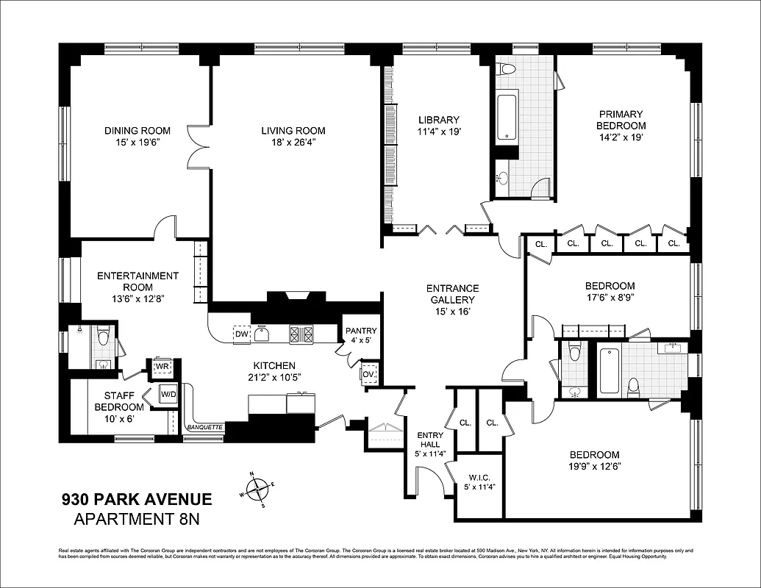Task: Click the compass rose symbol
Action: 257,489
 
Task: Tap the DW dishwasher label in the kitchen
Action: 241,334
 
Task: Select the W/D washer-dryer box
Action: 168,395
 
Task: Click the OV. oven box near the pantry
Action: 368,373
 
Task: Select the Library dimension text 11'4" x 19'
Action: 438,133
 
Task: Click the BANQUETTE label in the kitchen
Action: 205,427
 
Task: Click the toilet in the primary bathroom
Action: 506,71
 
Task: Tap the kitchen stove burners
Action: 301,334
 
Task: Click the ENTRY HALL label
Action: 430,439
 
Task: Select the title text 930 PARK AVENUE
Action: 136,501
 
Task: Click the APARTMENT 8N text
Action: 136,520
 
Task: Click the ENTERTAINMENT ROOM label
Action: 137,282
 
